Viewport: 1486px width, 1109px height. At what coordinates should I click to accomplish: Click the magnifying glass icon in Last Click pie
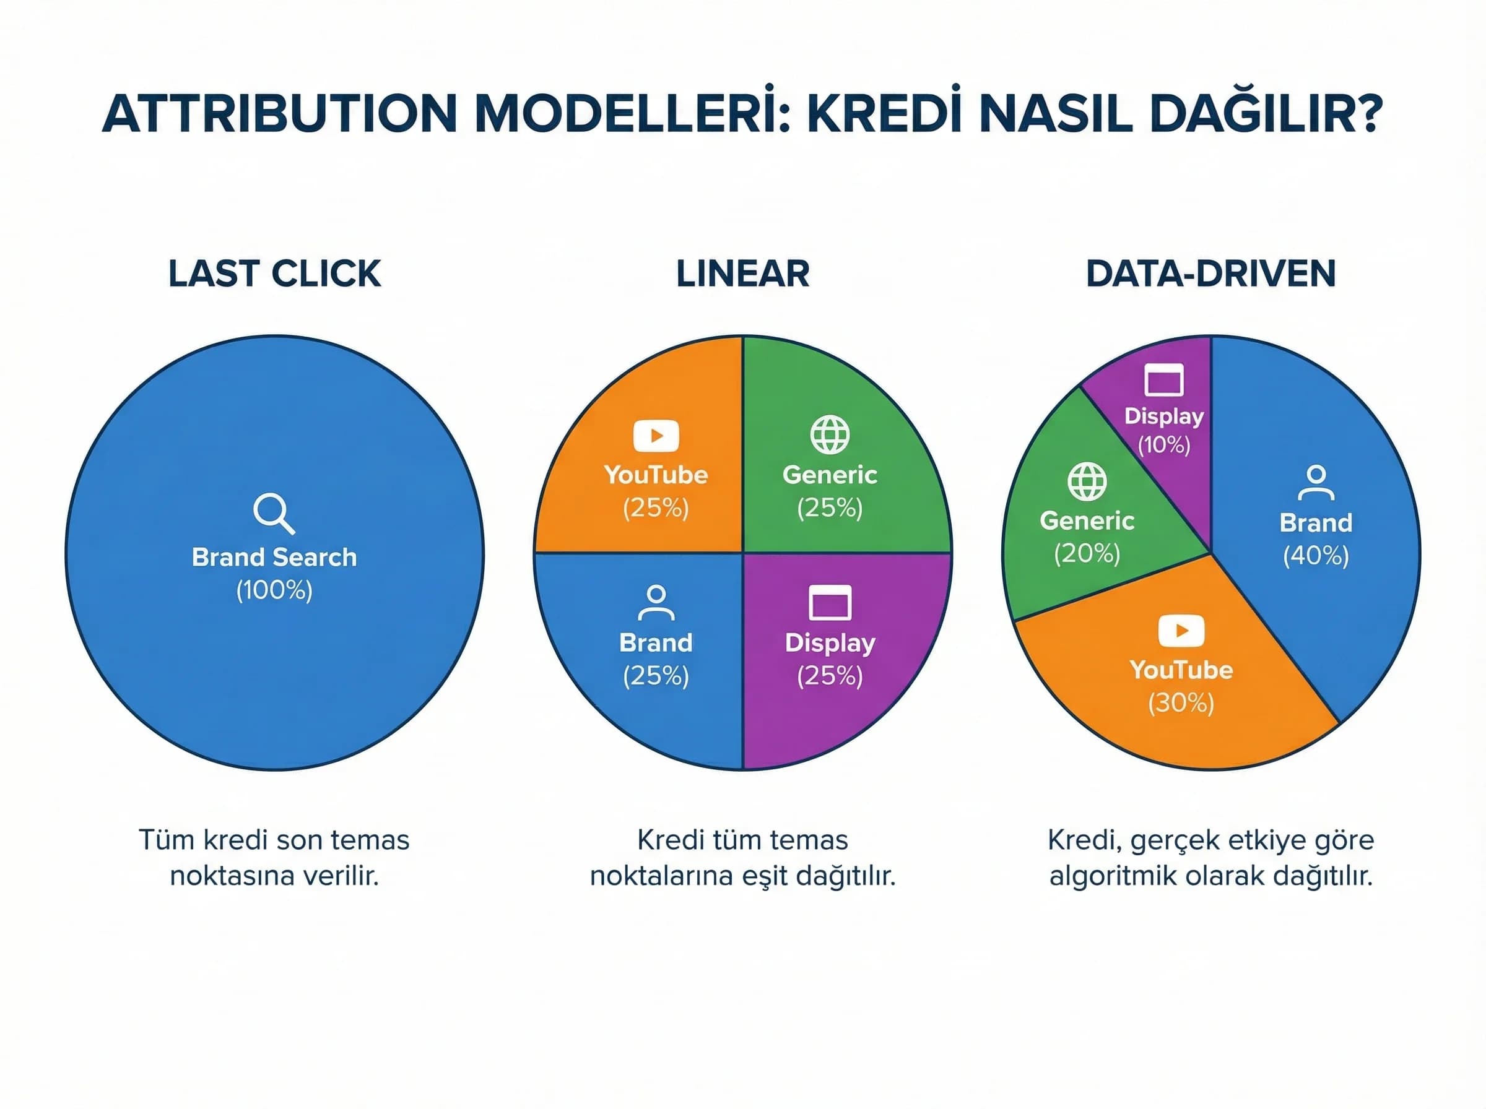(x=272, y=513)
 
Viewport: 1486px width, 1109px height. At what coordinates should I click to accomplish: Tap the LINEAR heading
(x=742, y=274)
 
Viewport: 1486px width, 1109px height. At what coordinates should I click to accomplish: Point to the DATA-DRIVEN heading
(x=1210, y=274)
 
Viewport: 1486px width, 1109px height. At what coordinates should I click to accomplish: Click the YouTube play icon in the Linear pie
(x=656, y=436)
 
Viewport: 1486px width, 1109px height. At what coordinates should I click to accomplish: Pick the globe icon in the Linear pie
(x=830, y=435)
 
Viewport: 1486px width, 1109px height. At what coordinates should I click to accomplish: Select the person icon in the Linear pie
(x=656, y=602)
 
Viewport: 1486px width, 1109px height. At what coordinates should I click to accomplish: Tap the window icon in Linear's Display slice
(x=830, y=602)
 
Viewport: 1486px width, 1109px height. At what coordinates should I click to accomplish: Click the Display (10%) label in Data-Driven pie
(x=1163, y=416)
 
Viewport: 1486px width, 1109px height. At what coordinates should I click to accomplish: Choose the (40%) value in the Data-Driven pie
(x=1316, y=556)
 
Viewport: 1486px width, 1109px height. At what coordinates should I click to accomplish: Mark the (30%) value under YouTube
(x=1181, y=703)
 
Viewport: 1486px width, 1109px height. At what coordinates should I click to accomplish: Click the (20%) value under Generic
(x=1087, y=553)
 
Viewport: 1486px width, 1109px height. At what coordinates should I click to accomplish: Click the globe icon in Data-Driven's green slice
(x=1087, y=481)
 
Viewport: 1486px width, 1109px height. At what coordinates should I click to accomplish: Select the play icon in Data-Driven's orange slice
(x=1181, y=631)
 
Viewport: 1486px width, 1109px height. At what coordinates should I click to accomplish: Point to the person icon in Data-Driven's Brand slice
(x=1316, y=483)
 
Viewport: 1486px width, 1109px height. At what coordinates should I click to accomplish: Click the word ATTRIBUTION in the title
(x=280, y=114)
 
